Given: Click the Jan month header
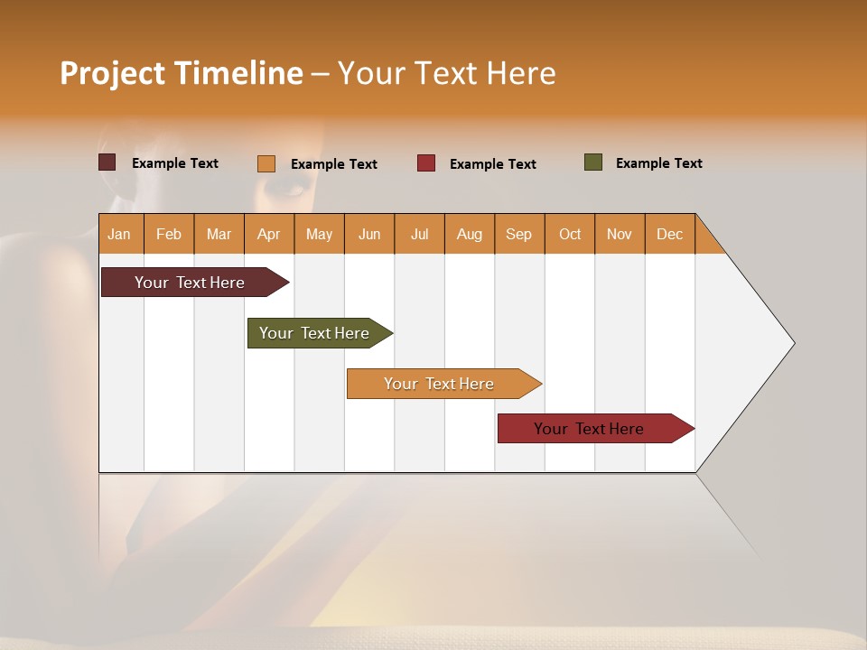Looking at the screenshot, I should [x=120, y=234].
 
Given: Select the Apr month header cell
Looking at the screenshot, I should [x=269, y=234].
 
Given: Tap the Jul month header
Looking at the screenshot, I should [x=419, y=234].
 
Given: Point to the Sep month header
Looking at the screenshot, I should [x=519, y=234].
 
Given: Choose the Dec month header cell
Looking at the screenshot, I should [x=669, y=234].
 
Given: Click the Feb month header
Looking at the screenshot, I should [x=169, y=234].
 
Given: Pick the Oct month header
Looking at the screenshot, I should [x=570, y=234].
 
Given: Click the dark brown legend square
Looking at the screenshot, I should [x=107, y=162].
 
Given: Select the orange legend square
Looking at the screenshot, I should [x=266, y=163].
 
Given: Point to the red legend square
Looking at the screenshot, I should [x=426, y=163].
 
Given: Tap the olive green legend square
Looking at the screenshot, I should [x=593, y=162].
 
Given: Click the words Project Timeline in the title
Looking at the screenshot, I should [x=182, y=73].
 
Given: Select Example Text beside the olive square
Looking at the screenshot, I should [x=658, y=163].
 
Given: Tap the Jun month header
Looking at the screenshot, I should [x=369, y=234].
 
